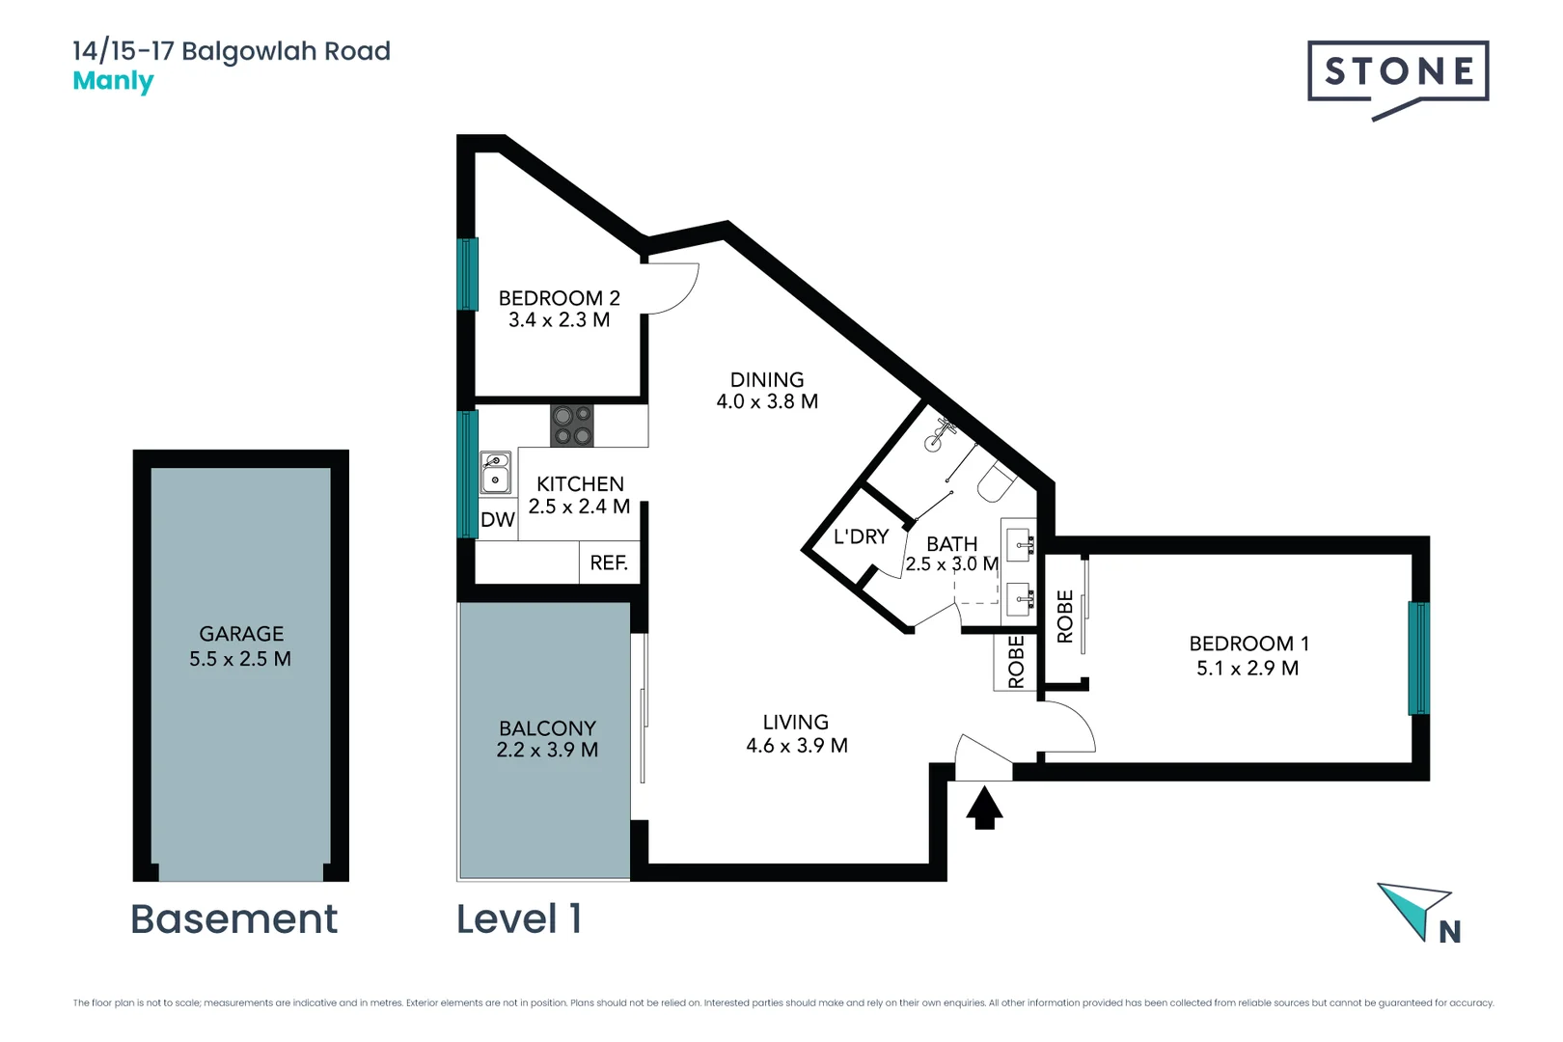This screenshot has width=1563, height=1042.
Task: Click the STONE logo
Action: coord(1398,78)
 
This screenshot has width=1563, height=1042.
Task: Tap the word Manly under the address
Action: coord(113,82)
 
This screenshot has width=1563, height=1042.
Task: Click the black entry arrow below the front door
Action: coord(984,808)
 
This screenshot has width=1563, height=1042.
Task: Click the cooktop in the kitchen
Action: coord(571,425)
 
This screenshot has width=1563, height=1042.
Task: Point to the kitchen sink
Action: coord(495,473)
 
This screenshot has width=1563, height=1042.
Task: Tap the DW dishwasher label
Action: coord(498,519)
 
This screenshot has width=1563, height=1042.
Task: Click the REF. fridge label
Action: coord(609,562)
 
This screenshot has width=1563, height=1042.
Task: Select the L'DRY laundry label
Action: coord(861,536)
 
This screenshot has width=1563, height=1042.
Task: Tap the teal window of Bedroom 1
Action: coord(1418,658)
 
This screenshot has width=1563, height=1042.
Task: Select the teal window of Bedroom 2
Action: coord(468,274)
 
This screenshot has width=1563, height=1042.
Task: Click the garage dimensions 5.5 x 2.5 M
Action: coord(240,659)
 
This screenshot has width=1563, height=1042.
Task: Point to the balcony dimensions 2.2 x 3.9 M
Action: coord(547,750)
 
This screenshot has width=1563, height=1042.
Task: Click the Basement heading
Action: coord(234,919)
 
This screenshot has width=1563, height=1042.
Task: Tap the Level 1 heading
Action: coord(519,919)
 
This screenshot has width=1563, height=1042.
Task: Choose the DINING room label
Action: coord(767,380)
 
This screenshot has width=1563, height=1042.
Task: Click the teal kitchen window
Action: coord(468,475)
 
